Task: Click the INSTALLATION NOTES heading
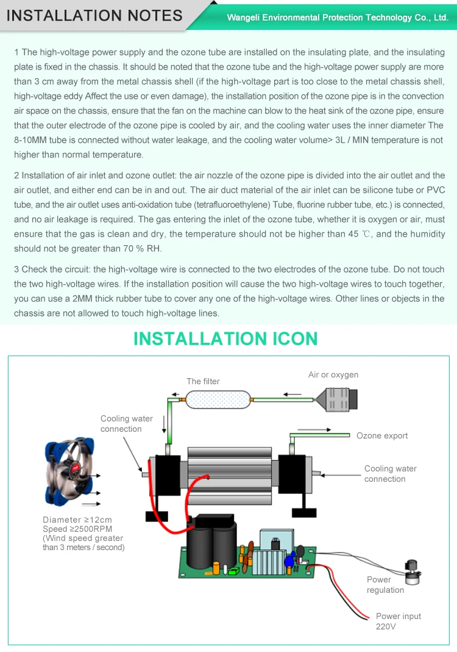tap(94, 15)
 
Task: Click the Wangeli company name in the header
tap(338, 18)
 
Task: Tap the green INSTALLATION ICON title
tap(225, 339)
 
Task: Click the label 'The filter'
tap(203, 381)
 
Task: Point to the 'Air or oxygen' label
tap(333, 374)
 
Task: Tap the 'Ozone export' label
tap(382, 435)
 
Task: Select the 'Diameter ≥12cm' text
tap(77, 520)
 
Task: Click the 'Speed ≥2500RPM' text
tap(77, 529)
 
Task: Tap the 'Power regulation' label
tap(385, 585)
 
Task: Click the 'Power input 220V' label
tap(398, 621)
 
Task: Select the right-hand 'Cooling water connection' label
tap(390, 474)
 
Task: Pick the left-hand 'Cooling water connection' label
tap(127, 423)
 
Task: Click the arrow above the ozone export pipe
tap(315, 429)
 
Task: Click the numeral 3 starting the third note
tap(16, 269)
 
